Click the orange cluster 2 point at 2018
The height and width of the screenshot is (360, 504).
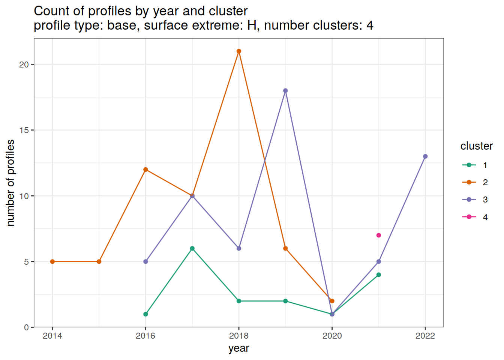pyautogui.click(x=239, y=51)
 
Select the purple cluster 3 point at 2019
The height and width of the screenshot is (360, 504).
pyautogui.click(x=285, y=91)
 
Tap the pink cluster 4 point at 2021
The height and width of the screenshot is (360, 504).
pyautogui.click(x=379, y=235)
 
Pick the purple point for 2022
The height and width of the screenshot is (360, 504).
pyautogui.click(x=425, y=156)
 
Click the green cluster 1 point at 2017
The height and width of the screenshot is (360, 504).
pyautogui.click(x=192, y=248)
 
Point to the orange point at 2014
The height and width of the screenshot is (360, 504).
pyautogui.click(x=52, y=261)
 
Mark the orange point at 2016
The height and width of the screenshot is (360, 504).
pyautogui.click(x=145, y=169)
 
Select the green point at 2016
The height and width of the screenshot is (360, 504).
pyautogui.click(x=145, y=314)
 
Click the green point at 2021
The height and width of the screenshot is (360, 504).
pyautogui.click(x=379, y=275)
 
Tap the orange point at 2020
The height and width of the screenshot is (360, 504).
pyautogui.click(x=332, y=301)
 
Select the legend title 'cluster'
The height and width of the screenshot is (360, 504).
pyautogui.click(x=476, y=146)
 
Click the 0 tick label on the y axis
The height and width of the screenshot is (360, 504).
pyautogui.click(x=26, y=327)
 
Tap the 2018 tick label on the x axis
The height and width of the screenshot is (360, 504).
pyautogui.click(x=239, y=336)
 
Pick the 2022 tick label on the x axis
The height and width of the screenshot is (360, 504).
pyautogui.click(x=425, y=336)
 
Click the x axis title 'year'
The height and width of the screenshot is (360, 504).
pyautogui.click(x=239, y=348)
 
